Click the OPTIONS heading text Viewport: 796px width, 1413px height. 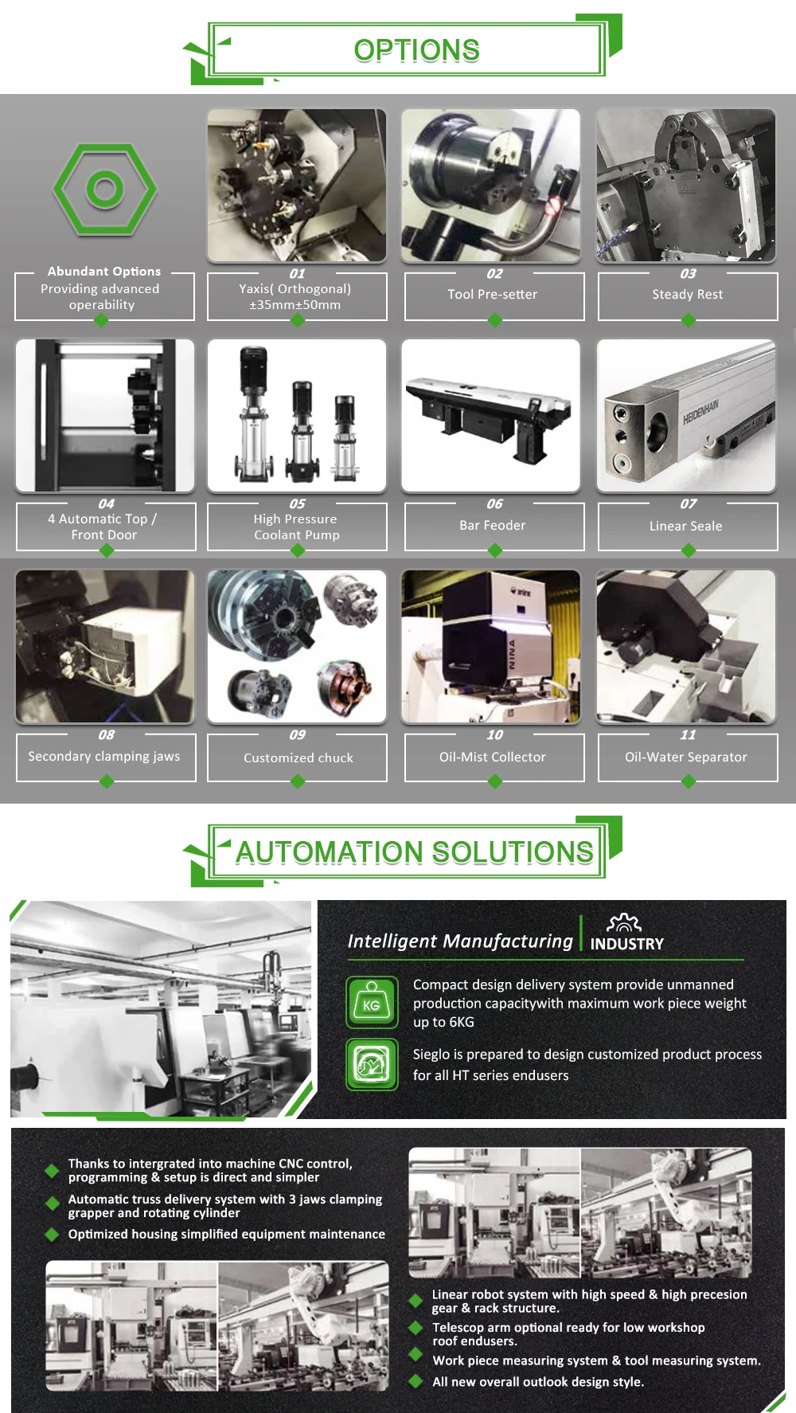tap(416, 50)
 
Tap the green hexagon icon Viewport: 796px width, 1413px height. tap(104, 190)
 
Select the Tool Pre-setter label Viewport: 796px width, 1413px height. tap(492, 294)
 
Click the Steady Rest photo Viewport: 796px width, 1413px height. tap(686, 186)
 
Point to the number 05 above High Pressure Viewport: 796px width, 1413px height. tap(297, 503)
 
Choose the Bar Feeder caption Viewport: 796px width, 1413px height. tap(492, 525)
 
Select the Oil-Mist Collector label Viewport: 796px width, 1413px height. tap(492, 757)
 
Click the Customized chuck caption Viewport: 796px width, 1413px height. tap(298, 757)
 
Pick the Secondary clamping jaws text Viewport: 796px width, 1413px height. tap(104, 756)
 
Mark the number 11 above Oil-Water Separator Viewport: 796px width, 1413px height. tap(688, 734)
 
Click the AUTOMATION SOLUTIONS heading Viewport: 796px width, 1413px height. tap(414, 852)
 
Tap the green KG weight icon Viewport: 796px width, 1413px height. tap(372, 1002)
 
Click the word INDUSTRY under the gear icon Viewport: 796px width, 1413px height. tap(626, 944)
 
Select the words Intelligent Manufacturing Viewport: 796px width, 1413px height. tap(460, 941)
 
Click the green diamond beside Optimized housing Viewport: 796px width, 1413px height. tap(53, 1234)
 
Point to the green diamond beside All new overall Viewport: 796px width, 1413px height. tap(416, 1381)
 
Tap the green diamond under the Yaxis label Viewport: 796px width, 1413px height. tap(298, 320)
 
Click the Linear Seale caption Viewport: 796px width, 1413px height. tap(685, 526)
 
